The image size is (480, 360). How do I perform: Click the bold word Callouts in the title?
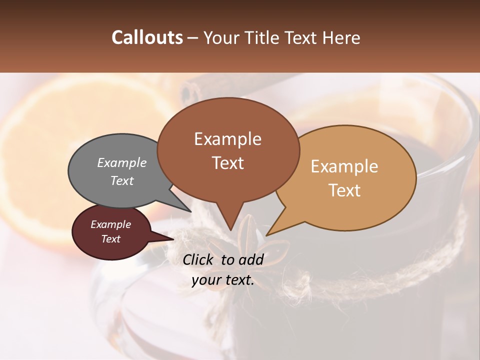tap(147, 37)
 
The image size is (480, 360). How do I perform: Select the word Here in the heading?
tap(339, 37)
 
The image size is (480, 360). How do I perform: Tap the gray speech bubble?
tap(115, 170)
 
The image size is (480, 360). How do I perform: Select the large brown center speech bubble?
tap(228, 150)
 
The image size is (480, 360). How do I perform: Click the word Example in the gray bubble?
tap(122, 162)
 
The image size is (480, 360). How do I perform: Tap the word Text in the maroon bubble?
tap(111, 239)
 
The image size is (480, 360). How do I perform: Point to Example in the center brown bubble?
tap(228, 139)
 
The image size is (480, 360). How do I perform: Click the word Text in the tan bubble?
tap(345, 190)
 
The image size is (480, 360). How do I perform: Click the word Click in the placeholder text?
tap(199, 259)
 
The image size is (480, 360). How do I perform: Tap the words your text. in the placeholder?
tap(223, 280)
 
